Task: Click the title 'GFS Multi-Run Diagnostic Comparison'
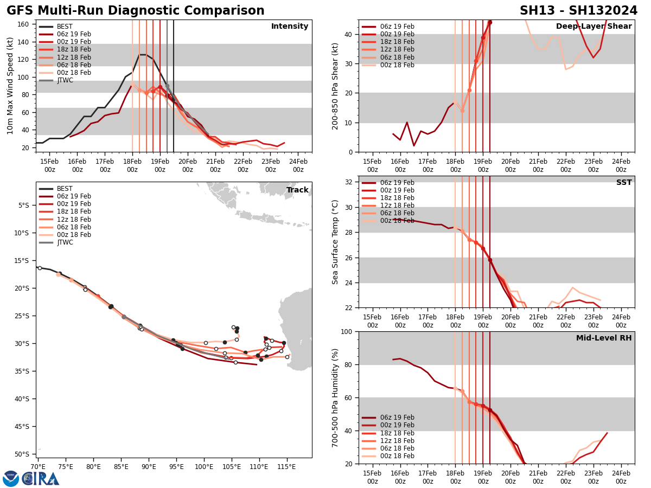tap(136, 11)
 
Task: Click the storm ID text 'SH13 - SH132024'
tap(579, 11)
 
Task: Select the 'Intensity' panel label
tap(290, 27)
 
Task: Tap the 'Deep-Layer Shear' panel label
tap(593, 27)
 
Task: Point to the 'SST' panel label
tap(624, 183)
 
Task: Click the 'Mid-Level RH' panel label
tap(604, 338)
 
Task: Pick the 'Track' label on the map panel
tap(297, 190)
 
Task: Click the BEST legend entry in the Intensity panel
tap(64, 27)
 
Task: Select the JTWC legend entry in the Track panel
tap(65, 242)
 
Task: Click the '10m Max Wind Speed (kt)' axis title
tap(10, 86)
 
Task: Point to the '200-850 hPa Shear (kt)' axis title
tap(336, 86)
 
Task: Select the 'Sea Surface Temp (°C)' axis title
tap(336, 242)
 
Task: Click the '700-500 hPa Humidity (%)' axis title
tap(336, 397)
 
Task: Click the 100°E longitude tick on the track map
tap(204, 467)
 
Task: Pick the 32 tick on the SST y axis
tap(349, 182)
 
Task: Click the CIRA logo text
tap(41, 479)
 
